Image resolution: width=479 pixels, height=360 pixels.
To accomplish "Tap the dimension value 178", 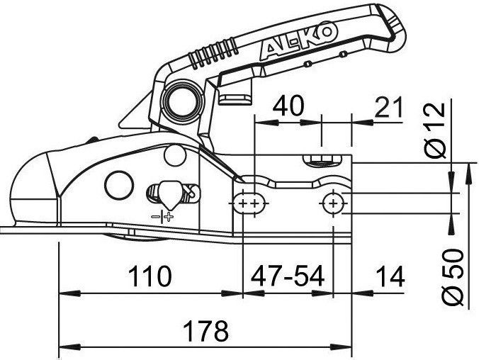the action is click(x=206, y=331).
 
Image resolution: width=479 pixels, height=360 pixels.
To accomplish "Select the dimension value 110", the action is click(x=150, y=276).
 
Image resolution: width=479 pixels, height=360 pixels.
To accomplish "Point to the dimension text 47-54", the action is click(x=287, y=276).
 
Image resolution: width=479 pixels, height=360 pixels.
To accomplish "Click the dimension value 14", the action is click(x=390, y=276).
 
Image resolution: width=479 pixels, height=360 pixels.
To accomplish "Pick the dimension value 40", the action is click(x=288, y=106).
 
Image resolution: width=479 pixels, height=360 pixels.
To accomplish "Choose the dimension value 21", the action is click(x=388, y=107).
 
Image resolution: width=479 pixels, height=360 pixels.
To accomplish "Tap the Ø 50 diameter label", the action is click(x=453, y=277).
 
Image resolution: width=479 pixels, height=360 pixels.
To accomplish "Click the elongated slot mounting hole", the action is click(x=251, y=203).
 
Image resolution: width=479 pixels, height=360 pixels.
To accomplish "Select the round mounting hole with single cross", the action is click(x=333, y=203).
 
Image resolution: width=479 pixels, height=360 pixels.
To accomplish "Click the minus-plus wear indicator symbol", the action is click(x=162, y=217).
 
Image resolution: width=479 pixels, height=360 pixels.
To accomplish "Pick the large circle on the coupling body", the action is click(x=119, y=185).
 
